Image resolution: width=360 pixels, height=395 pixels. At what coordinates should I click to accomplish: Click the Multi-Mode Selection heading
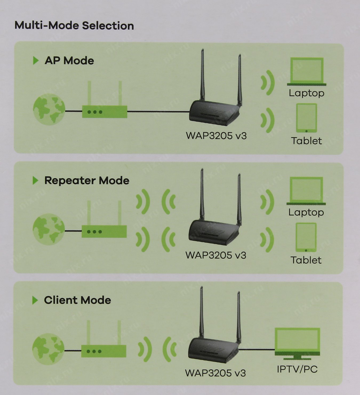click(x=74, y=26)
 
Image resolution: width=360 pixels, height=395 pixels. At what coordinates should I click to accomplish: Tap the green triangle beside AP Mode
click(x=35, y=61)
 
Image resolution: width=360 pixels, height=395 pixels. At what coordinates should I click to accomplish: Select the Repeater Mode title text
click(x=87, y=181)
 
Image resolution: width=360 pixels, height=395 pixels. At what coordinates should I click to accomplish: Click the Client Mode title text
click(x=77, y=300)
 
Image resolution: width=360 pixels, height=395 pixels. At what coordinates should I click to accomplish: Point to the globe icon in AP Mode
click(x=49, y=109)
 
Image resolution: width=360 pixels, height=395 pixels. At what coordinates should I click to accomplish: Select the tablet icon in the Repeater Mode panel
click(x=306, y=237)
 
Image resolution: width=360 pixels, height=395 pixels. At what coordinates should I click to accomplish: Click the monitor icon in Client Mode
click(x=297, y=343)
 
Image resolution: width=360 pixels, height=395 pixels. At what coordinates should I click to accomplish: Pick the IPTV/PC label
click(x=297, y=369)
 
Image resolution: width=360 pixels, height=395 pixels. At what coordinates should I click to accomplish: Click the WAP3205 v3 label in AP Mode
click(x=216, y=136)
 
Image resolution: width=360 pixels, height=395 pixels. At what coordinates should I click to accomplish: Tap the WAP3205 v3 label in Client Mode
click(x=215, y=373)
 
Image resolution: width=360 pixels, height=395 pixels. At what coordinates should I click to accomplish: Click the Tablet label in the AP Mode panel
click(x=306, y=141)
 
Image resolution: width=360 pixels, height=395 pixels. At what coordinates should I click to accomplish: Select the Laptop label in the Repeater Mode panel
click(x=306, y=212)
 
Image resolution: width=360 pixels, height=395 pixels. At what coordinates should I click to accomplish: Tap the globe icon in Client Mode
click(x=48, y=349)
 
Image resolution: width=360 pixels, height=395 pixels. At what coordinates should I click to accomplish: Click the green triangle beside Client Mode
click(x=35, y=300)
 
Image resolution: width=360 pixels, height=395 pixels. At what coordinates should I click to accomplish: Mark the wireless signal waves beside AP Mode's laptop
click(x=268, y=83)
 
